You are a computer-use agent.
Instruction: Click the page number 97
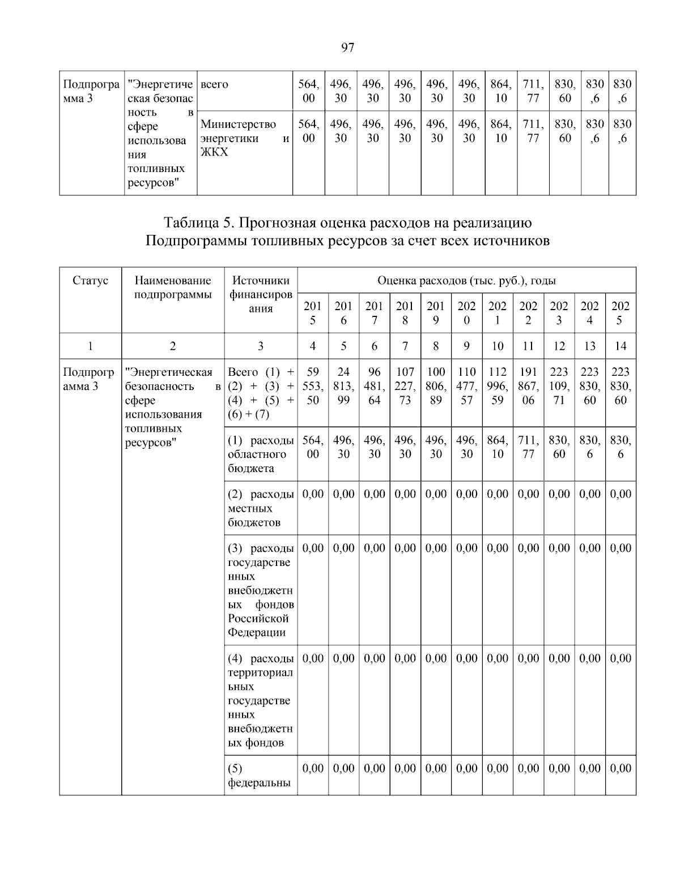[x=347, y=48]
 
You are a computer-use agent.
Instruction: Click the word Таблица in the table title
[x=189, y=222]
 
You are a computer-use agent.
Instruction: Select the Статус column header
[x=90, y=281]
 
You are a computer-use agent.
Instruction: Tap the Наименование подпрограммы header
[x=173, y=288]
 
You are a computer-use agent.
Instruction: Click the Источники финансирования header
[x=261, y=294]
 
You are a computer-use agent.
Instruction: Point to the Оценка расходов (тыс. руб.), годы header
[x=466, y=281]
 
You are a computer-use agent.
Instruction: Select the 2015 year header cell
[x=313, y=313]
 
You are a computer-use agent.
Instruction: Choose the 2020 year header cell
[x=466, y=313]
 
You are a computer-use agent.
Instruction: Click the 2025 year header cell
[x=620, y=313]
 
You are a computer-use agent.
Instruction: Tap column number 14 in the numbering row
[x=620, y=346]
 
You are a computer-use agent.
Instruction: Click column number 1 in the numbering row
[x=90, y=346]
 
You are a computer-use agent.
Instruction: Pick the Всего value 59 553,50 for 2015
[x=313, y=386]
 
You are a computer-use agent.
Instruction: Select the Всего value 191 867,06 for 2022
[x=528, y=386]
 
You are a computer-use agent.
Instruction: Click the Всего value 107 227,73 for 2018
[x=405, y=386]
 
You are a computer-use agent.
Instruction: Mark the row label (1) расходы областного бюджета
[x=261, y=454]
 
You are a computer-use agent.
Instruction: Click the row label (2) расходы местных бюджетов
[x=261, y=508]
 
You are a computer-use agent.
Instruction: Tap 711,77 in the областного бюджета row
[x=528, y=447]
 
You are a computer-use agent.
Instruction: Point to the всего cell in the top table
[x=215, y=85]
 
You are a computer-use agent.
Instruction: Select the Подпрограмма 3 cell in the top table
[x=91, y=92]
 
